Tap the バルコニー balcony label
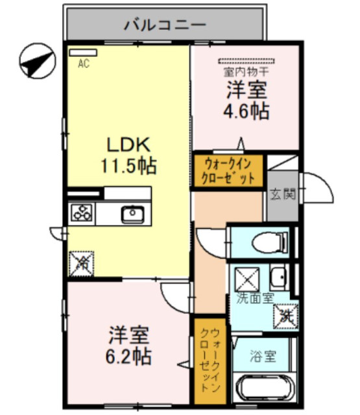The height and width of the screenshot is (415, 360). point(165,26)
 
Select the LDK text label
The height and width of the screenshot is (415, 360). point(128,144)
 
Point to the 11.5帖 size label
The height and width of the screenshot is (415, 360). point(128,166)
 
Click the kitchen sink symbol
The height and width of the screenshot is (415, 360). point(133,213)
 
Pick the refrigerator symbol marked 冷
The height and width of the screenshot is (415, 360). point(81,263)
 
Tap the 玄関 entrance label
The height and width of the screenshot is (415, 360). point(284,194)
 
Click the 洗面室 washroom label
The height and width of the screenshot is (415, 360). point(254,299)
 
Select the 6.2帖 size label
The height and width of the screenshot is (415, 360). point(130,356)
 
